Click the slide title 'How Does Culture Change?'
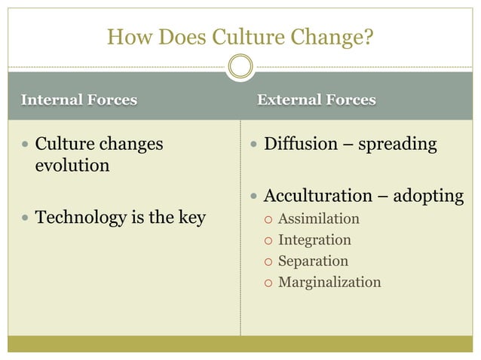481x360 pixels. point(240,35)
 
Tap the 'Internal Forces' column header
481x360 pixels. point(79,99)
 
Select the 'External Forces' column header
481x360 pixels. point(317,99)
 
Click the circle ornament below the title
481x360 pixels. point(240,67)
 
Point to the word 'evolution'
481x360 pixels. point(72,165)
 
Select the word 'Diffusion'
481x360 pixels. point(297,144)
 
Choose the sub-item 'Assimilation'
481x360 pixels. point(319,219)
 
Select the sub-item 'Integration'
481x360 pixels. point(314,240)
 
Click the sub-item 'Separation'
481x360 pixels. point(313,261)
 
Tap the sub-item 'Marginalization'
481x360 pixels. point(329,282)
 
